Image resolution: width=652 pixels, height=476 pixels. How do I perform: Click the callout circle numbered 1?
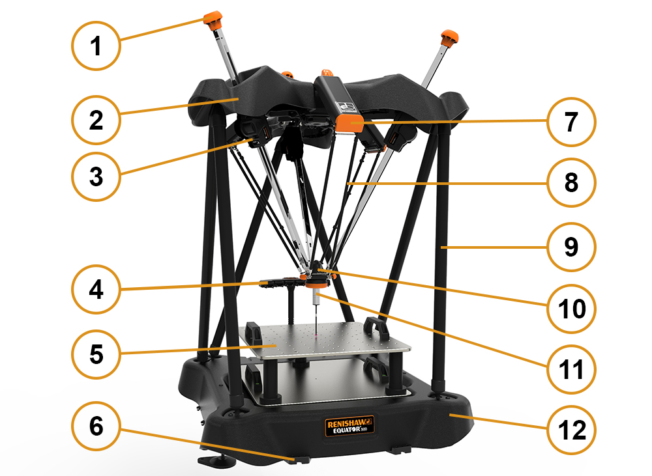[x=96, y=46]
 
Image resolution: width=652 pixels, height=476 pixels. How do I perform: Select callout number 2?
[x=96, y=120]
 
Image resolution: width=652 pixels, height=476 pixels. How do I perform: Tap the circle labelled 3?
[x=96, y=176]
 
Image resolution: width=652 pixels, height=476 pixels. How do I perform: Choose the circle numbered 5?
[x=96, y=354]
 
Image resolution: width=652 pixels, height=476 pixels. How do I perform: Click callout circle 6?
[x=96, y=426]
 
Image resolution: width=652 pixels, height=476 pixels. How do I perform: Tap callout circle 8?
[x=571, y=182]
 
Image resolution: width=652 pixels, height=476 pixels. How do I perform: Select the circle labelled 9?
[x=571, y=247]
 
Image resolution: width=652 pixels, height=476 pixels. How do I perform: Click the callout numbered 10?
[x=571, y=308]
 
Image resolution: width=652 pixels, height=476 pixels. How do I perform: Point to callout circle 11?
[x=571, y=369]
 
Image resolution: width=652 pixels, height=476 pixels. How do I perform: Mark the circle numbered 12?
[x=571, y=430]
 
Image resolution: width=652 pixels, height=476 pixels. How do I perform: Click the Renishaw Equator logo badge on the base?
[x=349, y=426]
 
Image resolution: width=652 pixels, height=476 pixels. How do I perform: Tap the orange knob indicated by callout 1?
[x=213, y=20]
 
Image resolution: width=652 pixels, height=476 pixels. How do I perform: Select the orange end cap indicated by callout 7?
[x=350, y=123]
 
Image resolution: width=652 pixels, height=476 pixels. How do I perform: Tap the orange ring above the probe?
[x=316, y=284]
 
